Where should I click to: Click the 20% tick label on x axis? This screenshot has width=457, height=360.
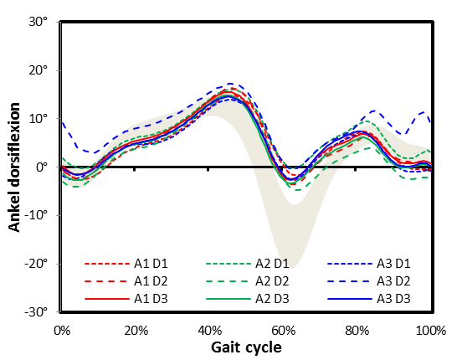136,330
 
